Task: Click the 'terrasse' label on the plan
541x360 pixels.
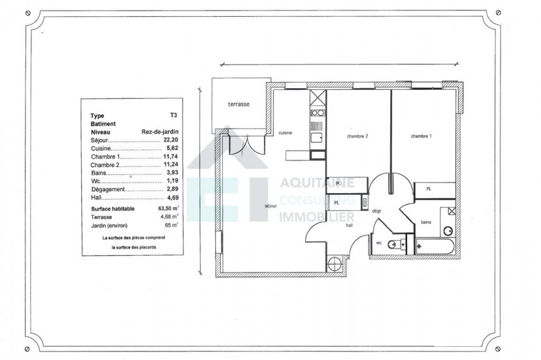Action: (238, 104)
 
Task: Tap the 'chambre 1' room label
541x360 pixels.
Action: (421, 136)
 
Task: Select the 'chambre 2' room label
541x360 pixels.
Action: (356, 136)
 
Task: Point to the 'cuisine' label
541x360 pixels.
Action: (286, 133)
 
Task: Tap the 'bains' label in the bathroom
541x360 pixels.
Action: (425, 221)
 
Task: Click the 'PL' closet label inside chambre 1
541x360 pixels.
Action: (429, 189)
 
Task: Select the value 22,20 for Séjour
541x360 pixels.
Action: (169, 142)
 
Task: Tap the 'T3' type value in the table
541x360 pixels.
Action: (173, 116)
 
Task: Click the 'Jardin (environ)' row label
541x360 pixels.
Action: (111, 223)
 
